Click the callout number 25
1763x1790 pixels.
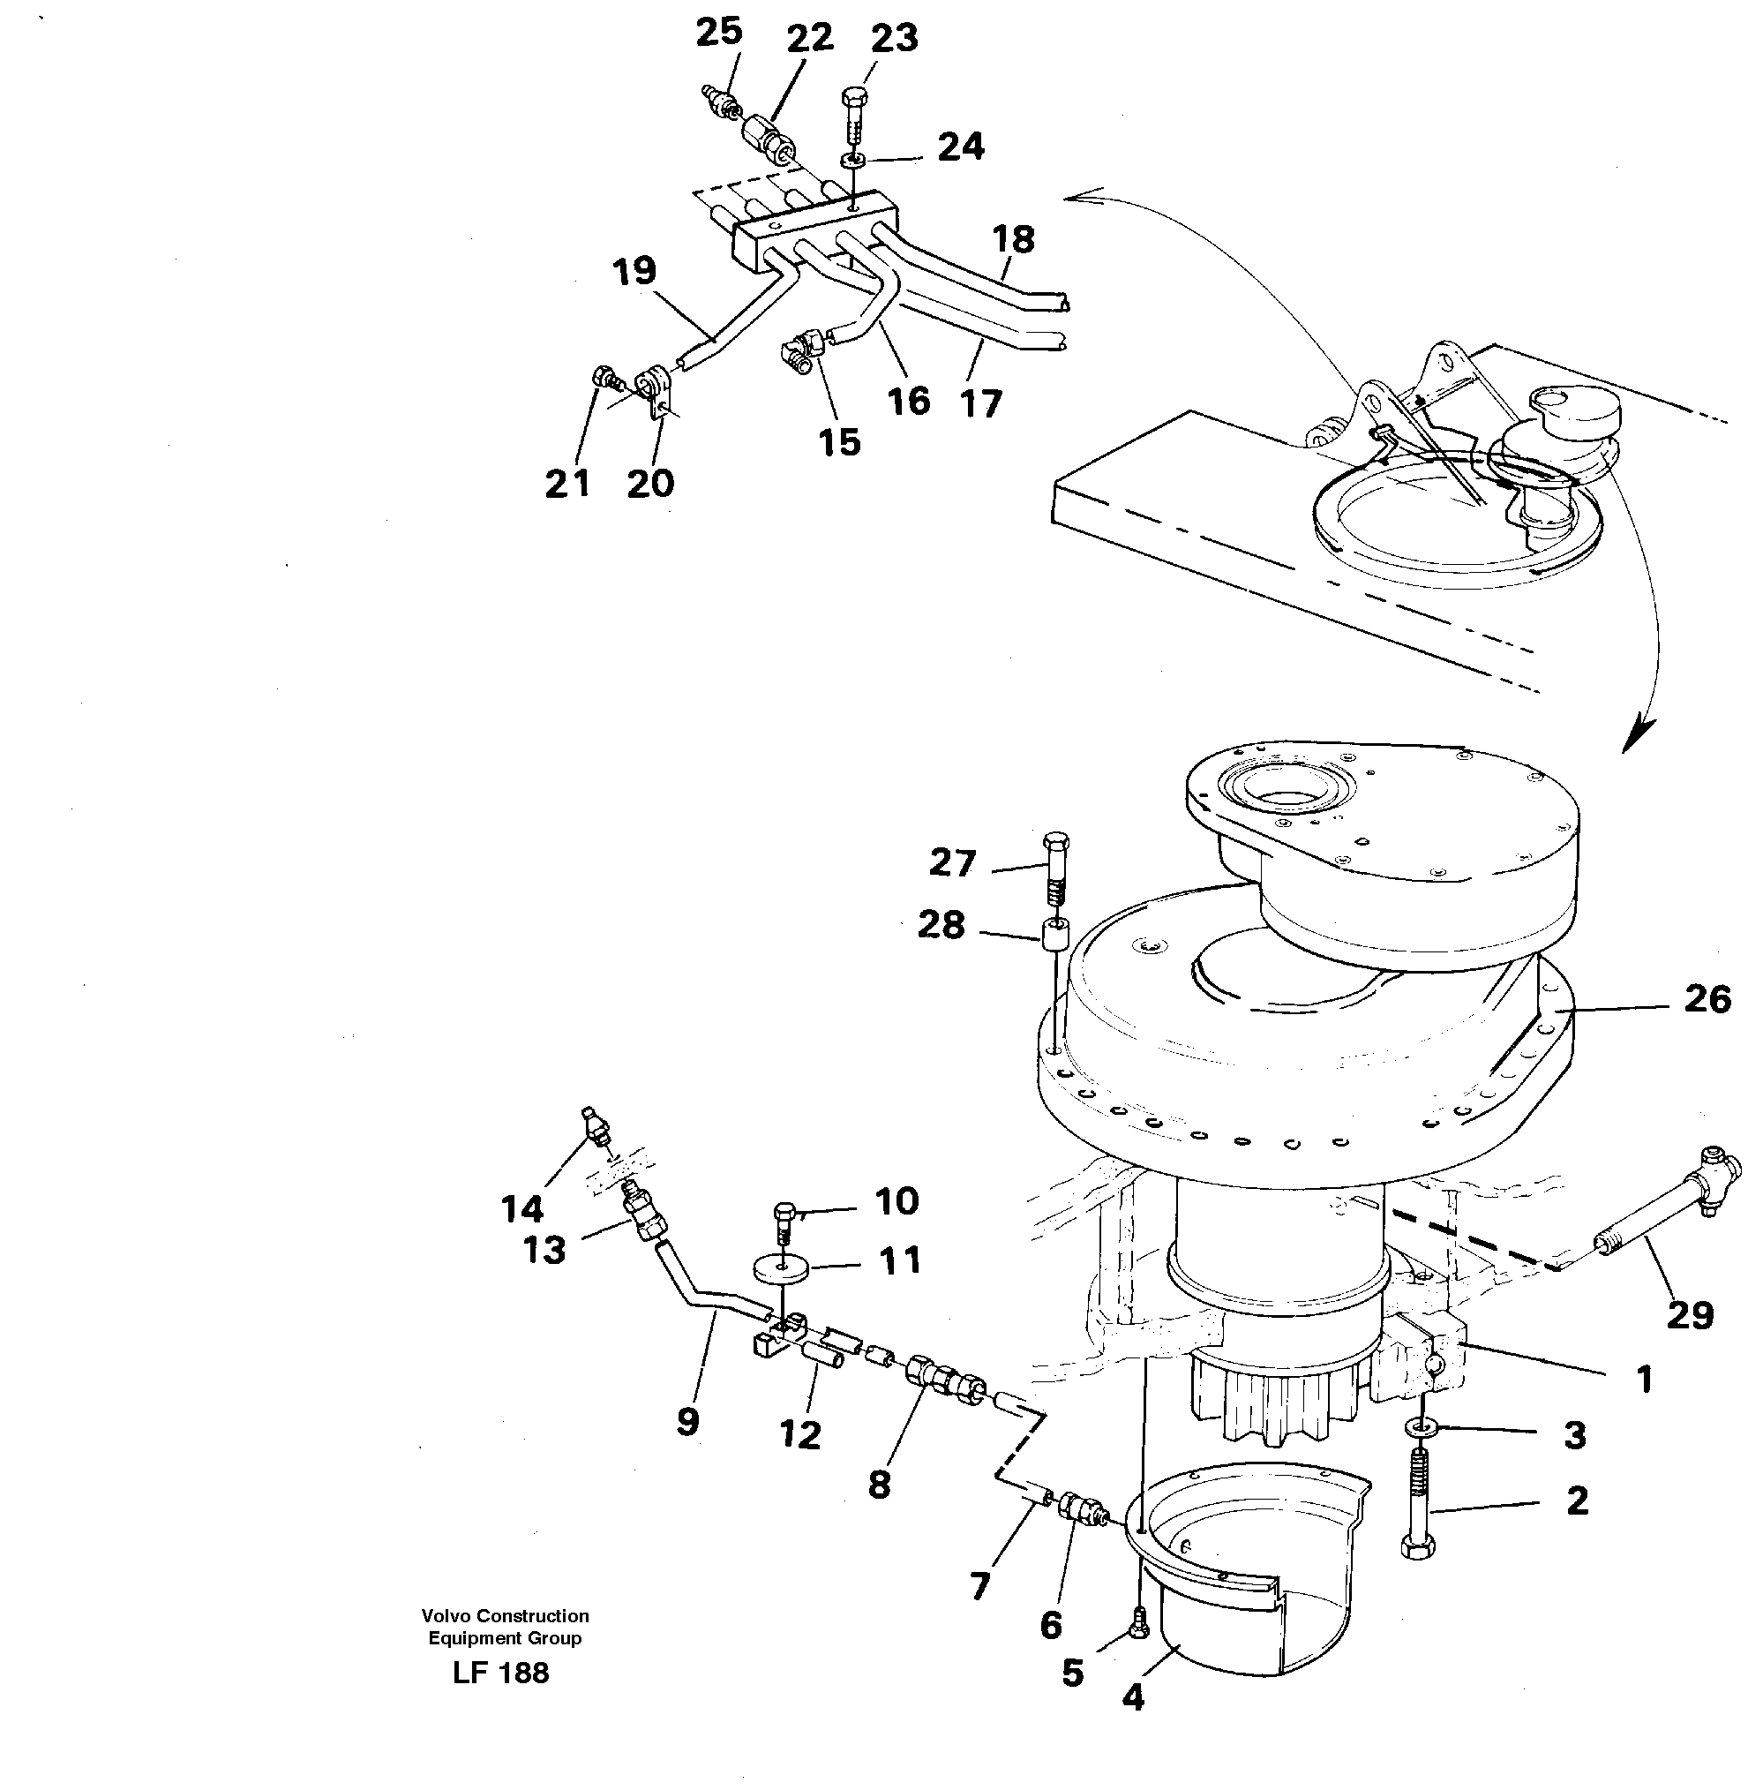[x=718, y=33]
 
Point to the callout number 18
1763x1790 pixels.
[x=1012, y=240]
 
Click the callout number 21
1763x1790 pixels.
[x=566, y=484]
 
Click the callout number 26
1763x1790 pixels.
[x=1707, y=999]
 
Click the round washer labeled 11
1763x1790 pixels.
[x=784, y=1269]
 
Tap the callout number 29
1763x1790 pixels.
[x=1689, y=1315]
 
